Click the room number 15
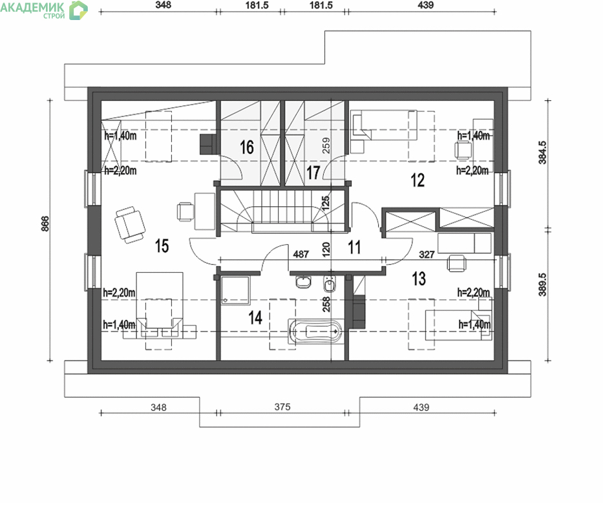click(162, 246)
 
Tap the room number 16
click(247, 147)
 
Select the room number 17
click(313, 173)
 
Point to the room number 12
click(418, 180)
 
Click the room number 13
click(419, 279)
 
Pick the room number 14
click(255, 318)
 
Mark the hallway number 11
click(354, 248)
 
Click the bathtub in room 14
click(315, 331)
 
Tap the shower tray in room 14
click(235, 290)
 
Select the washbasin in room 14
click(303, 282)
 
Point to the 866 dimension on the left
click(45, 224)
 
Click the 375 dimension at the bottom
click(282, 407)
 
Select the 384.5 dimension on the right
click(542, 153)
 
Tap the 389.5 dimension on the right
click(542, 284)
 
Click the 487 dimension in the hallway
click(301, 254)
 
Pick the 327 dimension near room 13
click(427, 254)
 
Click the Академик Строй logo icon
click(78, 10)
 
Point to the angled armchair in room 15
click(130, 225)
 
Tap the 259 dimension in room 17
click(326, 146)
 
